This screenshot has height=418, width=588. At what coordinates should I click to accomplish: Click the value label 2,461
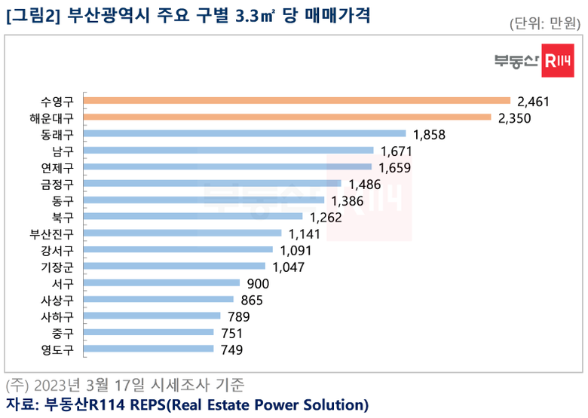click(536, 101)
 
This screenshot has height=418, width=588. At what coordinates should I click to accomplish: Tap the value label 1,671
click(397, 151)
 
